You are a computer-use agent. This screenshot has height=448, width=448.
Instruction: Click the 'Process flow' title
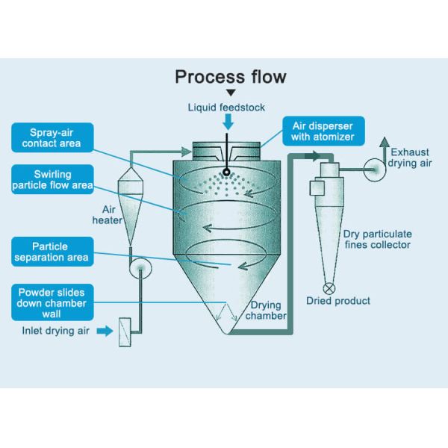coord(230,76)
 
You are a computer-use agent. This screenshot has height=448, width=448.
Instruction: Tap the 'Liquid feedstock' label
coord(226,108)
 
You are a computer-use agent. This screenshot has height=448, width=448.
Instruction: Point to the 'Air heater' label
coord(105,216)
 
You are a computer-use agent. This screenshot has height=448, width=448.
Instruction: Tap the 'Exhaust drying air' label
coord(409,157)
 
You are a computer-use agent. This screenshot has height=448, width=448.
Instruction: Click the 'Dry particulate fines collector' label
coord(376,239)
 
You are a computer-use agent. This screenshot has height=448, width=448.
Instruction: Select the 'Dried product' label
coord(338,302)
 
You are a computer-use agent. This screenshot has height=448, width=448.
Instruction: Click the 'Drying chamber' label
coord(267,311)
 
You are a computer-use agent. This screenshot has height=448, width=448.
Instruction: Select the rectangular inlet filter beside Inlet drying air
coord(125,330)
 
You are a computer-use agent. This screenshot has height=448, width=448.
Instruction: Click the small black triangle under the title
coord(231,93)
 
